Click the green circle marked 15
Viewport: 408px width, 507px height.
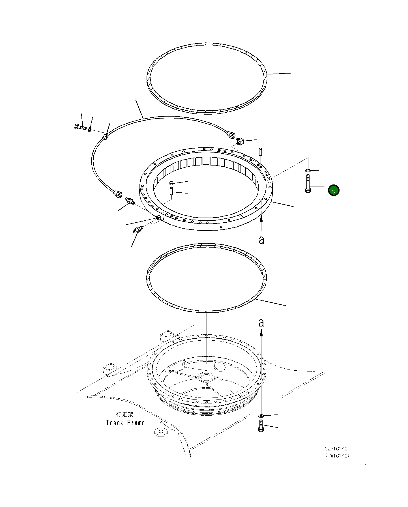tap(334, 190)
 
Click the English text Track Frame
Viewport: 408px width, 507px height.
tap(125, 423)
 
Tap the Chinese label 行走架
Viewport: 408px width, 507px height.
tap(124, 414)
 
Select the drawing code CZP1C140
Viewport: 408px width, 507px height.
tap(336, 449)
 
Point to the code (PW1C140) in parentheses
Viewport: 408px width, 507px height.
tap(337, 456)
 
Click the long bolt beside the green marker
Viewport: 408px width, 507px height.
tap(308, 184)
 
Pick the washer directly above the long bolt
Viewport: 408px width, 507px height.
tap(308, 170)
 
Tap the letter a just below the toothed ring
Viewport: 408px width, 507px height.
tap(261, 240)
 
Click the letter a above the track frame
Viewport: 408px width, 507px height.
tap(261, 323)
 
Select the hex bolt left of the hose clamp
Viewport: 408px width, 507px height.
tap(80, 127)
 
